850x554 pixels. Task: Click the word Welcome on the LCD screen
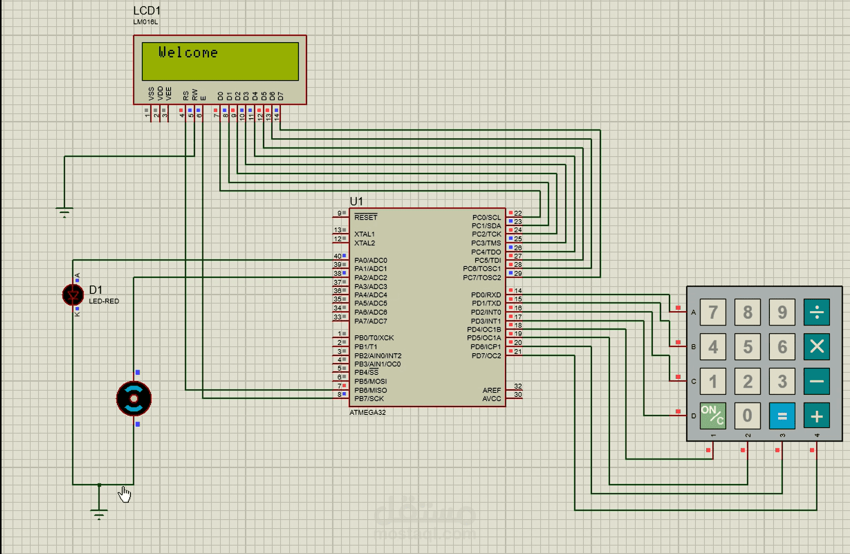click(188, 53)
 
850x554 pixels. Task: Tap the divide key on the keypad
click(817, 312)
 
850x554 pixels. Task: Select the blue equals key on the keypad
click(782, 416)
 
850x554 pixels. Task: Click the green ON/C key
click(713, 416)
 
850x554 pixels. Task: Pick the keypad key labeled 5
click(747, 347)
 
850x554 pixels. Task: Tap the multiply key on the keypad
click(817, 347)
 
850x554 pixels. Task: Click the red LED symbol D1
click(73, 295)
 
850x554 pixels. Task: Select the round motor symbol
click(134, 398)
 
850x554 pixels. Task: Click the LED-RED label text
click(104, 301)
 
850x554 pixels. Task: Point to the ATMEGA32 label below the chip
click(367, 412)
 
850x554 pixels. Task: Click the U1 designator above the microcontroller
click(356, 201)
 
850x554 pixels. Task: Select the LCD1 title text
click(147, 11)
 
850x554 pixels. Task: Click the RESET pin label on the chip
click(366, 217)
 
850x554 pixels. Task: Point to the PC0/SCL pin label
click(486, 217)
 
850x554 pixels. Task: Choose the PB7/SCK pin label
click(369, 398)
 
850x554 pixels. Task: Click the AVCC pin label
click(492, 398)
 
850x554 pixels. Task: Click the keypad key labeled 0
click(747, 416)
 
